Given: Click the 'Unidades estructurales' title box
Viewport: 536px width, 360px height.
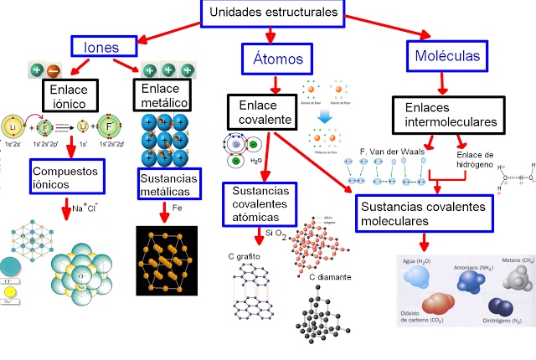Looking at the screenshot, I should pos(273,13).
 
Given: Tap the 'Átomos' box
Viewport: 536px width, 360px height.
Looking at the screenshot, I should pos(271,59).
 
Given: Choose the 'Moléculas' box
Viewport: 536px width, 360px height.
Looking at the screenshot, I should pos(447,56).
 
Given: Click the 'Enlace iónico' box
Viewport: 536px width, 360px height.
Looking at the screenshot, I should pos(70,96).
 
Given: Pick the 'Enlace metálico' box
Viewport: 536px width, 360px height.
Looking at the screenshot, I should pos(164,95).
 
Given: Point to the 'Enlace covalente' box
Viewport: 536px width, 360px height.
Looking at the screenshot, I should pos(262,112).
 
